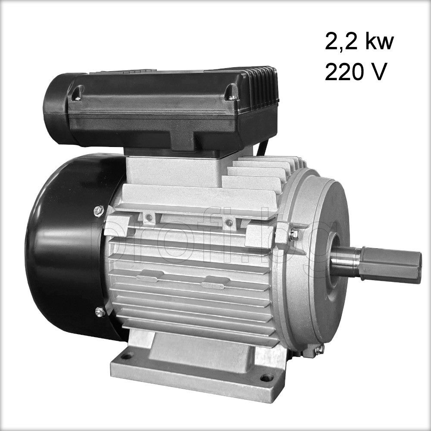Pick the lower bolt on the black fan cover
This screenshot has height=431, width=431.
pyautogui.click(x=100, y=312)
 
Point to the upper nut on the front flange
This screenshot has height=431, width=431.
pyautogui.click(x=295, y=235)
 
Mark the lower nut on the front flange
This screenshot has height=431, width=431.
pyautogui.click(x=319, y=350)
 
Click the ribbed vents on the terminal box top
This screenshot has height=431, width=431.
pyautogui.click(x=263, y=86)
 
